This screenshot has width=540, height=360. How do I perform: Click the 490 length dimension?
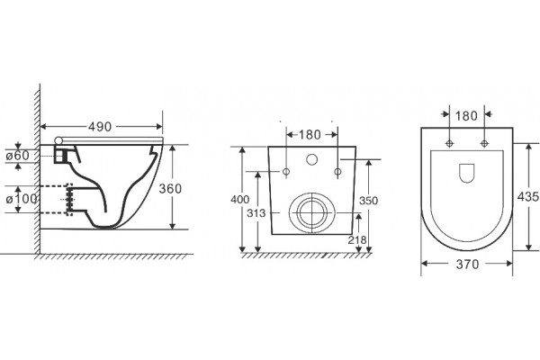[x=100, y=127]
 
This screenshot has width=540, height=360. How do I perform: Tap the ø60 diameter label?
[x=18, y=156]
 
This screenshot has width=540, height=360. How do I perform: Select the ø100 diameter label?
[x=22, y=199]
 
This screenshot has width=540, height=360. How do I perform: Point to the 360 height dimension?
[x=170, y=188]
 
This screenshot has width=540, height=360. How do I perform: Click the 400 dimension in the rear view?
[x=240, y=200]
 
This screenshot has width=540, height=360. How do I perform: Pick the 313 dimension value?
[x=256, y=213]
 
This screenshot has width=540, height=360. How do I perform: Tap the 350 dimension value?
[x=368, y=201]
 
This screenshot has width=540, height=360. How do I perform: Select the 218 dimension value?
[x=357, y=239]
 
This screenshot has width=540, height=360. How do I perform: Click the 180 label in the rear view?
[x=310, y=135]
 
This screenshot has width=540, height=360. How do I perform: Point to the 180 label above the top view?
[x=466, y=116]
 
